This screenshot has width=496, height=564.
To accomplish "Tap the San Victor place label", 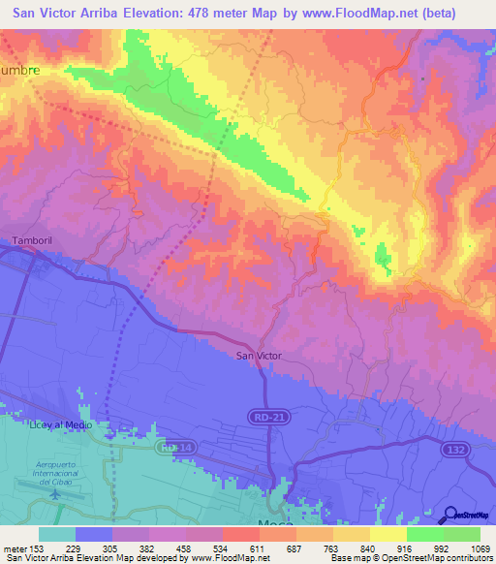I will [x=259, y=356].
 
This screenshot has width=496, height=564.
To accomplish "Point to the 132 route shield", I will [x=457, y=450].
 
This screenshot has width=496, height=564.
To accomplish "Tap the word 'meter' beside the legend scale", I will [x=15, y=548].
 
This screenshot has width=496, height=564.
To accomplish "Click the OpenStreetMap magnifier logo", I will [x=449, y=515].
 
